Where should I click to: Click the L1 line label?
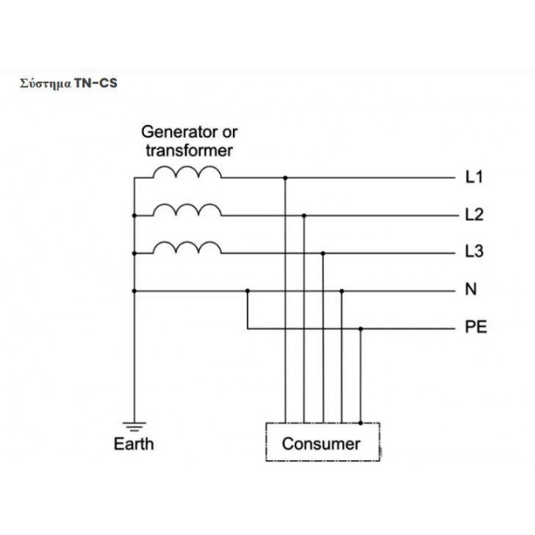[x=474, y=177]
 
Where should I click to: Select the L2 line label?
[x=474, y=215]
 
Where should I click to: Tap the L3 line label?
[x=474, y=251]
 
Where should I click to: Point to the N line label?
[x=471, y=289]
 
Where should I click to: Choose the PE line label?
[x=476, y=327]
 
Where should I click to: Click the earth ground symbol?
[x=134, y=426]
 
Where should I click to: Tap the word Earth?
[x=133, y=444]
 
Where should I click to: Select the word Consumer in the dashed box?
[x=321, y=444]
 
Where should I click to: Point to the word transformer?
[x=189, y=151]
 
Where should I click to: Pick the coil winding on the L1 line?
[x=187, y=172]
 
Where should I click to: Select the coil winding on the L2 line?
[x=187, y=210]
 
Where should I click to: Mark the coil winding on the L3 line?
[x=187, y=248]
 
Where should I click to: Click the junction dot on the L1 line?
[x=286, y=178]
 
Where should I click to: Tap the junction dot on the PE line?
[x=361, y=329]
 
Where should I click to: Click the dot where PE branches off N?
[x=248, y=291]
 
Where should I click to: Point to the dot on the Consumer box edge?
[x=361, y=423]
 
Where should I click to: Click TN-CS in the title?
[x=95, y=83]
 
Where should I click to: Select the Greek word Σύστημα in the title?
[x=45, y=84]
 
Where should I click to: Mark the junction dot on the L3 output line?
[x=323, y=254]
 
